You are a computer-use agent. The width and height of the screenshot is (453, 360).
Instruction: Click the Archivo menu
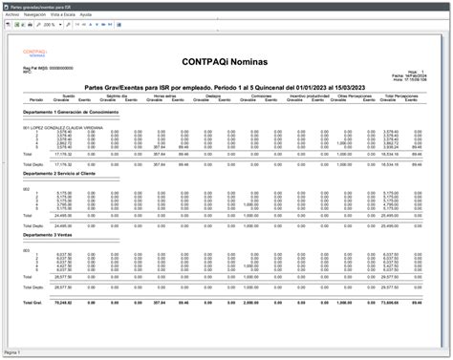12,16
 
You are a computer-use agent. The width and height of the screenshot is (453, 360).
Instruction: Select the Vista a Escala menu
65,16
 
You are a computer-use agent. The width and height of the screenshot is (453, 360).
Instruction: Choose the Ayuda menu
87,16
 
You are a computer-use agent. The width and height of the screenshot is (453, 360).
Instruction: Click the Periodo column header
35,99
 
